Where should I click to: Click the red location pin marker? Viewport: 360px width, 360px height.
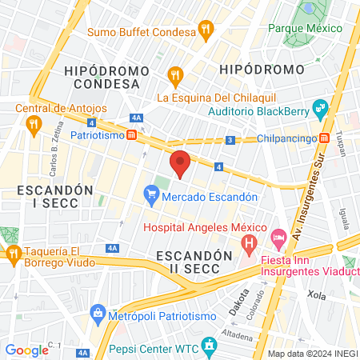tap(181, 162)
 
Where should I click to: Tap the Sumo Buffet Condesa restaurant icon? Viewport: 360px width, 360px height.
tap(206, 31)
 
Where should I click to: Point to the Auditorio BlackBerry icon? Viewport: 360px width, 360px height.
tap(320, 106)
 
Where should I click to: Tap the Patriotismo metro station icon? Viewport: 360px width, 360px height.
tap(131, 135)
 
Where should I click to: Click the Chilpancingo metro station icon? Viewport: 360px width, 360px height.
tap(325, 138)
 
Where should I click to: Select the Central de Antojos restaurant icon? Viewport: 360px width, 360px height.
tap(33, 124)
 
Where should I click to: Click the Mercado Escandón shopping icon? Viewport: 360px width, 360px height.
tap(150, 193)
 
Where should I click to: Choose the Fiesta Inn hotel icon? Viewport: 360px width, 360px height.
tap(278, 238)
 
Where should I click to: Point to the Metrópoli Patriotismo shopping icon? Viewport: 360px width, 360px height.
tap(98, 311)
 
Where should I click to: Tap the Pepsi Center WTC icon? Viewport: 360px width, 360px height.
tap(210, 345)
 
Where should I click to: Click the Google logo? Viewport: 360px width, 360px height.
tap(26, 350)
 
